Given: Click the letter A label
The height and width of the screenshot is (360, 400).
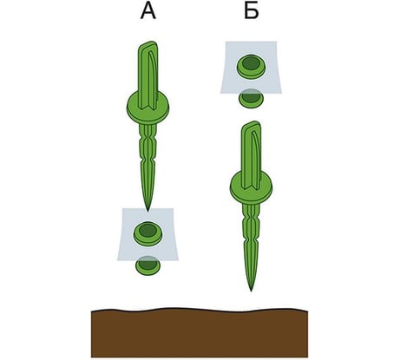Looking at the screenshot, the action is (148, 12).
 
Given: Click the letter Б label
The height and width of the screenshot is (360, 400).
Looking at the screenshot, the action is (251, 12).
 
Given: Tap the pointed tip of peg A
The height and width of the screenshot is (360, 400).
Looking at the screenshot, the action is (148, 211).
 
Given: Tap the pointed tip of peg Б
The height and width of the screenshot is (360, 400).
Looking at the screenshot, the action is (251, 290).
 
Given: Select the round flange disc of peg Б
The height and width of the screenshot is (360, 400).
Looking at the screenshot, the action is (252, 187).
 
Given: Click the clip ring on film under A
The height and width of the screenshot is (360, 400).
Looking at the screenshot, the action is (148, 232).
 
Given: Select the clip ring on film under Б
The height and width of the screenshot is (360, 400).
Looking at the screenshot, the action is (251, 66).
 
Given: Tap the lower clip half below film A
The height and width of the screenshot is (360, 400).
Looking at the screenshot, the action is (148, 265).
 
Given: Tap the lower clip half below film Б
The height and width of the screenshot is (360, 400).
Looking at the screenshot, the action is (251, 99).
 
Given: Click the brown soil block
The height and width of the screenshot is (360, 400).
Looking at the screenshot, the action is (200, 333).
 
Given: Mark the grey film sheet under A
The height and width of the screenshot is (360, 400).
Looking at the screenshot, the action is (148, 234).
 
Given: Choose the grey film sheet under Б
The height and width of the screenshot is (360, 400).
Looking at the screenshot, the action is (251, 68).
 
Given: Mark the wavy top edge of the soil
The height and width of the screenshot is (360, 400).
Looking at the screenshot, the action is (200, 310).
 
